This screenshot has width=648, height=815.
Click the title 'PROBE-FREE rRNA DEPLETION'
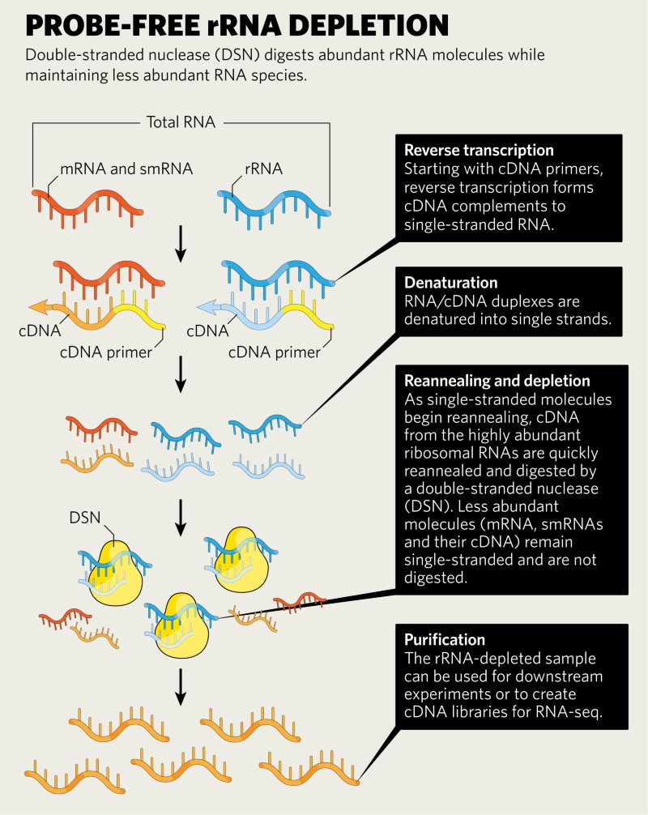click(x=237, y=25)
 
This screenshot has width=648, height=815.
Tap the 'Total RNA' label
click(x=181, y=122)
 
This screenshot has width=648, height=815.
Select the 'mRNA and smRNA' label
click(x=126, y=169)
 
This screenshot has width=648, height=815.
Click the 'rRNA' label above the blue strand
click(x=263, y=169)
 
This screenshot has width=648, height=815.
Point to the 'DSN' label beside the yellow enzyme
click(x=85, y=517)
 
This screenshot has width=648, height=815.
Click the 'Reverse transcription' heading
click(x=479, y=150)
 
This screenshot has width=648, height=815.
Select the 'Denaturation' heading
click(x=450, y=282)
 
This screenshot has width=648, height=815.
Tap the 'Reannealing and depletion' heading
click(x=497, y=381)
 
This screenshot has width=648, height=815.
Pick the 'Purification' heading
click(x=445, y=639)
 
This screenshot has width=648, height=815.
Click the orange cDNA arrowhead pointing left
click(x=38, y=307)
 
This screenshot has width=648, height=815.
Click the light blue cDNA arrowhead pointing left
click(x=207, y=307)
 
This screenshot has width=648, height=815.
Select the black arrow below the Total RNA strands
click(x=181, y=244)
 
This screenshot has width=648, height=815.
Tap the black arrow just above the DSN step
click(x=181, y=518)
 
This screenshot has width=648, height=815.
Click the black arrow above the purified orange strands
click(x=181, y=687)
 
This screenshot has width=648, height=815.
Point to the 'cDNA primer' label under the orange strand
click(x=106, y=352)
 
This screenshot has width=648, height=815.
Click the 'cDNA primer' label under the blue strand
click(x=275, y=352)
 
